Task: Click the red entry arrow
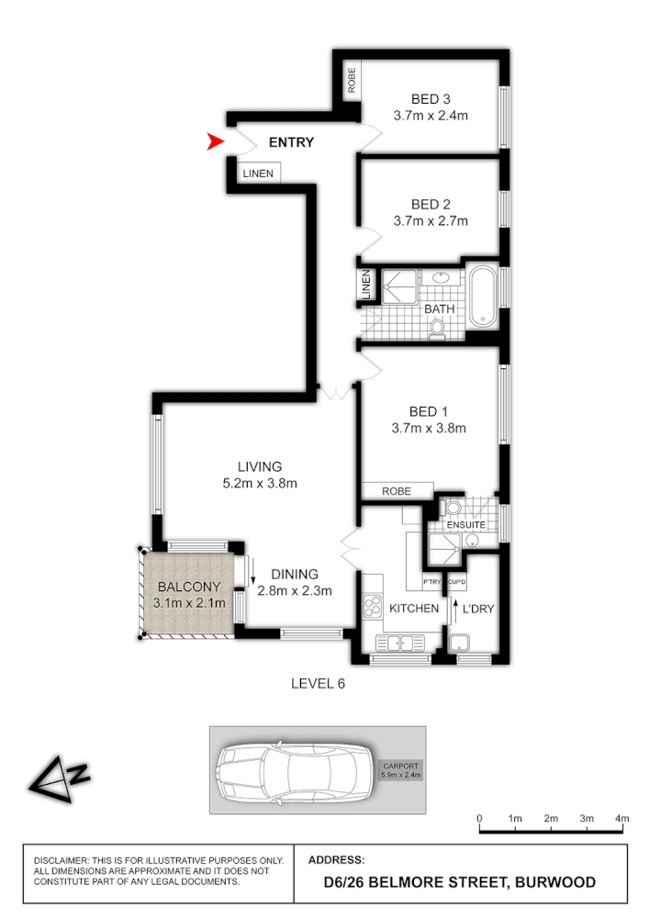216,141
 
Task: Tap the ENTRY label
291,142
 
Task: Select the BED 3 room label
431,99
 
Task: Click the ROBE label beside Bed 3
351,81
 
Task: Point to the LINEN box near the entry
256,173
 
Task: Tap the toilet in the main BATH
437,328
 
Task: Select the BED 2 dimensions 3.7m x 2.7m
431,221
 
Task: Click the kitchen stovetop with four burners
373,605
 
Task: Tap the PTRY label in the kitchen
431,582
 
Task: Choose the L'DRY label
477,609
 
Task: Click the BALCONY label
186,587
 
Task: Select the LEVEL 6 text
317,683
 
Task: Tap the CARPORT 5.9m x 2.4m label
399,770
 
